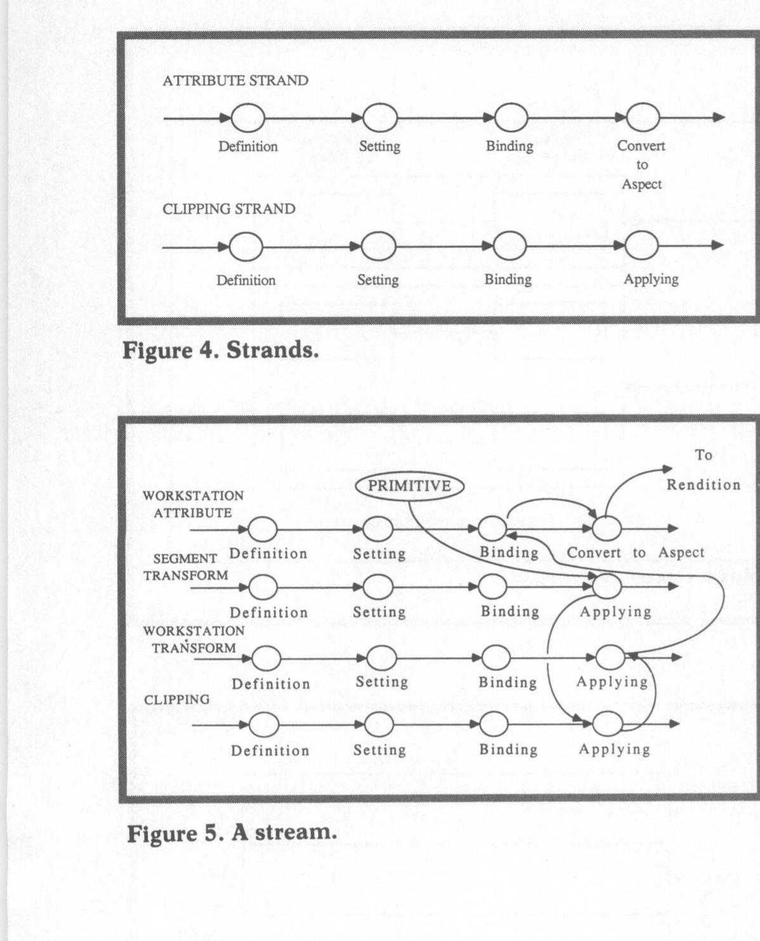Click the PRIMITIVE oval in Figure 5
409,486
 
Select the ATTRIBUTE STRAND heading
235,81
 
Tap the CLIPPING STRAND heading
229,209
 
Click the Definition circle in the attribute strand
247,118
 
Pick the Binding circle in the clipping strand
509,246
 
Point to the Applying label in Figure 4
651,279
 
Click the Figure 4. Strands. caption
220,350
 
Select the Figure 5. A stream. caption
232,832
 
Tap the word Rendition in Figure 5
703,485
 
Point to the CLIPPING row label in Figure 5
176,699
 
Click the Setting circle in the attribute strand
380,118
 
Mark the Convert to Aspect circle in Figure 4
643,117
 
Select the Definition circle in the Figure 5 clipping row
264,724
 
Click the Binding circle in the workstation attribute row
492,528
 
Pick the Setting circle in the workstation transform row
381,658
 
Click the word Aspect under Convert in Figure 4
641,184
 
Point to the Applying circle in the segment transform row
606,587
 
